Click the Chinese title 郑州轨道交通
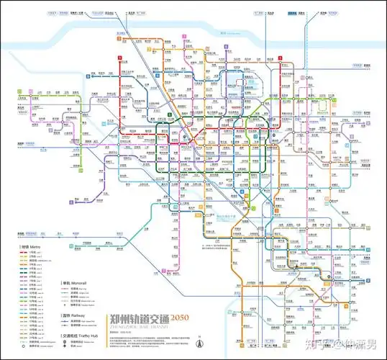[137, 318]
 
